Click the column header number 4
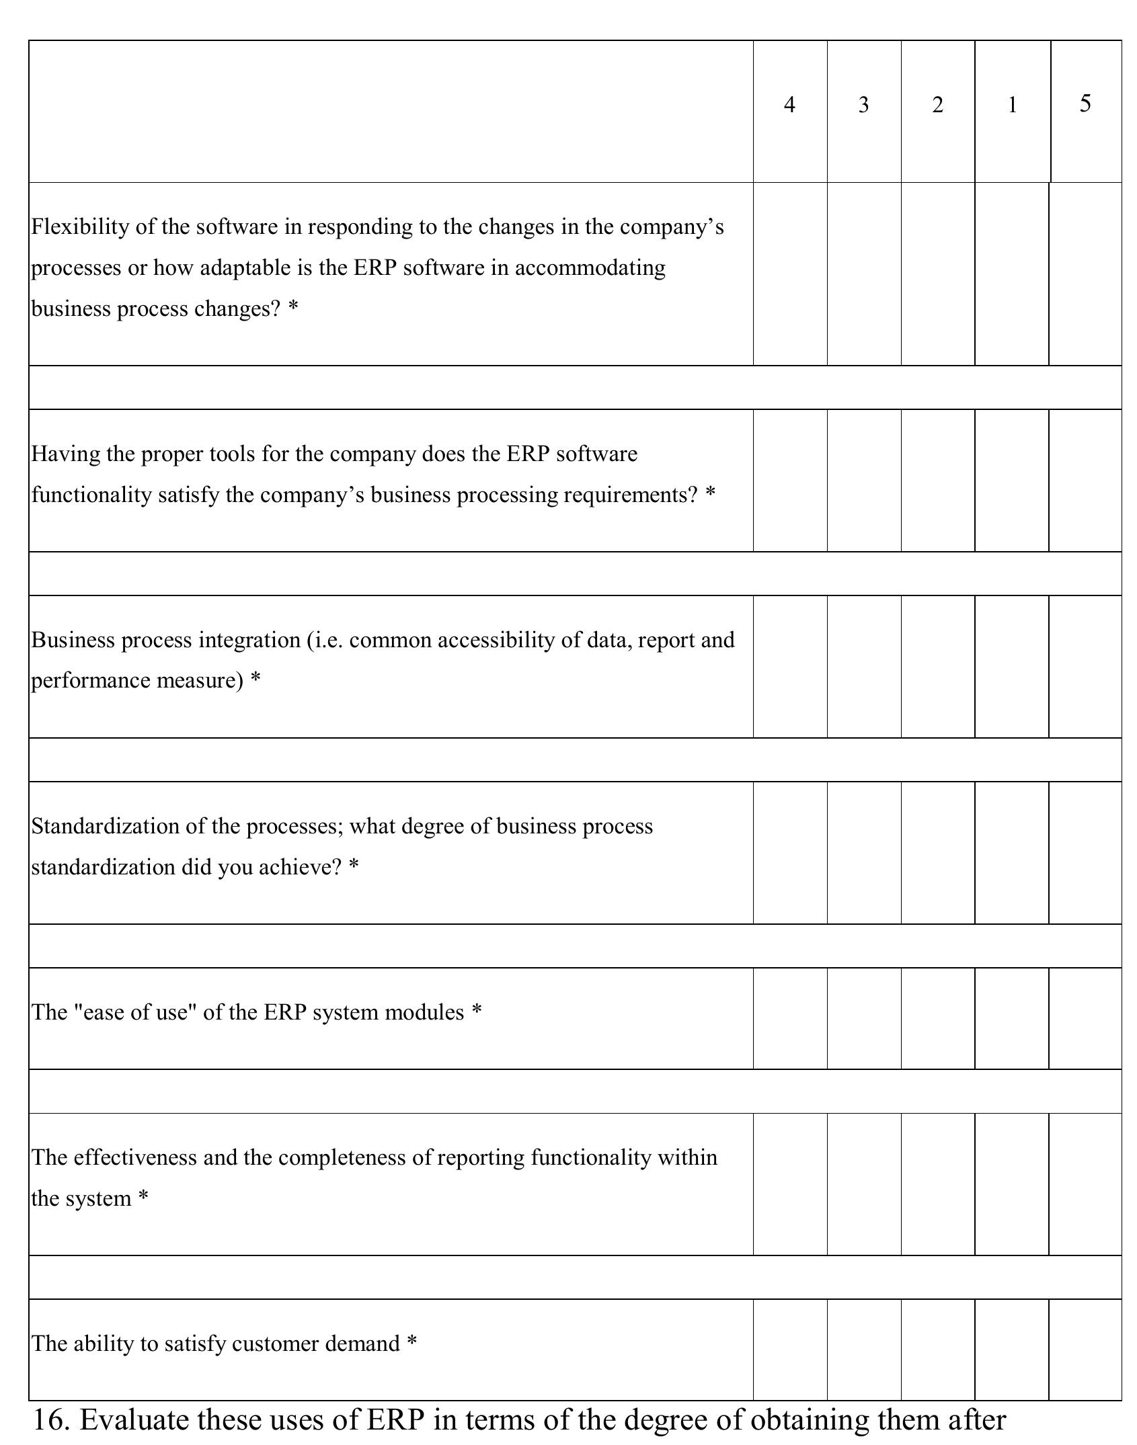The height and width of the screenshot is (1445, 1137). point(789,105)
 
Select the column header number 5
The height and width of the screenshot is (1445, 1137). point(1085,104)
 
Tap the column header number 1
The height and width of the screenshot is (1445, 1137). point(1012,105)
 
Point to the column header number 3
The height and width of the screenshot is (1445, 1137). point(863,105)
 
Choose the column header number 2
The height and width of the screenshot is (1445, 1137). point(937,105)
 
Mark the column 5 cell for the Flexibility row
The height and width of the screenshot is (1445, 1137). point(1085,274)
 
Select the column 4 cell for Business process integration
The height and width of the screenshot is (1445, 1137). point(789,667)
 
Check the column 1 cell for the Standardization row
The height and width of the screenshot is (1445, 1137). point(1011,853)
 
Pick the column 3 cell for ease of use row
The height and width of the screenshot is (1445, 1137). point(863,1018)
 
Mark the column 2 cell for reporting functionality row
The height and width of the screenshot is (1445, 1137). point(937,1184)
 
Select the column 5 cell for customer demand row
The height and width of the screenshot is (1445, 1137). point(1085,1350)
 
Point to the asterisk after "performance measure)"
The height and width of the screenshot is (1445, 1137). point(255,679)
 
